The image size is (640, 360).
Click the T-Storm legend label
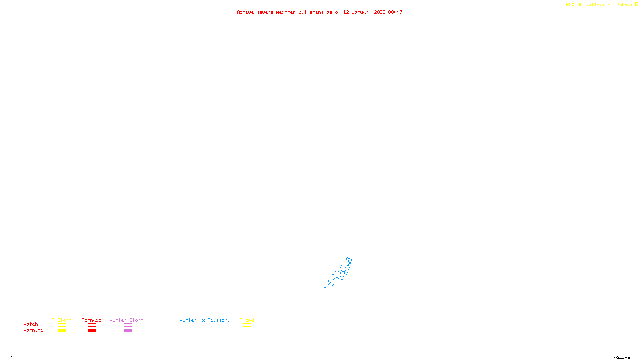tap(62, 320)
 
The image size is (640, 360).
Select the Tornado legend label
tap(92, 320)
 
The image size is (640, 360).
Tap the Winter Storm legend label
tap(126, 320)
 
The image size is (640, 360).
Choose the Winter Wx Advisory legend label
tap(205, 320)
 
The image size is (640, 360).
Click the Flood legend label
tap(247, 320)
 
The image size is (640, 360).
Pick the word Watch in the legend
tap(31, 324)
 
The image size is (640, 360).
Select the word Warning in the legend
tap(33, 330)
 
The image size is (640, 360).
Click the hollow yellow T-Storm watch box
tap(62, 325)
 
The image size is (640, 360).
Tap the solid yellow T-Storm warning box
tap(62, 331)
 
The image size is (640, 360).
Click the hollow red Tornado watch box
tap(92, 325)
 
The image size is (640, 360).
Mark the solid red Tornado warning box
tap(92, 331)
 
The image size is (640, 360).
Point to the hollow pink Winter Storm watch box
tap(128, 325)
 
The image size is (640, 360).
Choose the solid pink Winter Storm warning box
tap(128, 331)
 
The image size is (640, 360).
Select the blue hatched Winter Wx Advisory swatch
tap(204, 331)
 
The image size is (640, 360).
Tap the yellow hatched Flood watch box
tap(247, 325)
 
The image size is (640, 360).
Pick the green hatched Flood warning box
tap(247, 331)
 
